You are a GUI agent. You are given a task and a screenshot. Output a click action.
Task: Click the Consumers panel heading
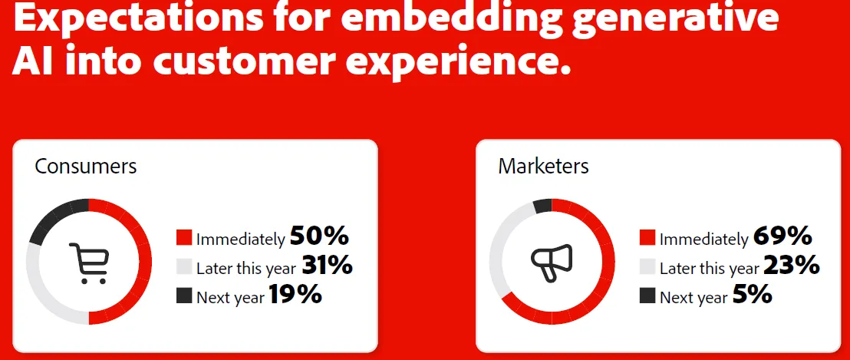86,166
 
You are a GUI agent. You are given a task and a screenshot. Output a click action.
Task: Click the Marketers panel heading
543,166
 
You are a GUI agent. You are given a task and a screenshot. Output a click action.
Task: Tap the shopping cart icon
89,263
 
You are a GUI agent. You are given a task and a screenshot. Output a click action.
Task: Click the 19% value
295,295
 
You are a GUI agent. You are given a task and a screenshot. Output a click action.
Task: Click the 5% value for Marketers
753,295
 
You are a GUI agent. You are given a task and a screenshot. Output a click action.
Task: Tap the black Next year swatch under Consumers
184,296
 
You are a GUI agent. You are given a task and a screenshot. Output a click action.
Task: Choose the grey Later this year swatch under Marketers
647,267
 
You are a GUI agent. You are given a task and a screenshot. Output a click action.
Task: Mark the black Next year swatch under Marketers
647,296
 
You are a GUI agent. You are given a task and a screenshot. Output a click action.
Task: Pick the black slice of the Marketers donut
542,206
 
